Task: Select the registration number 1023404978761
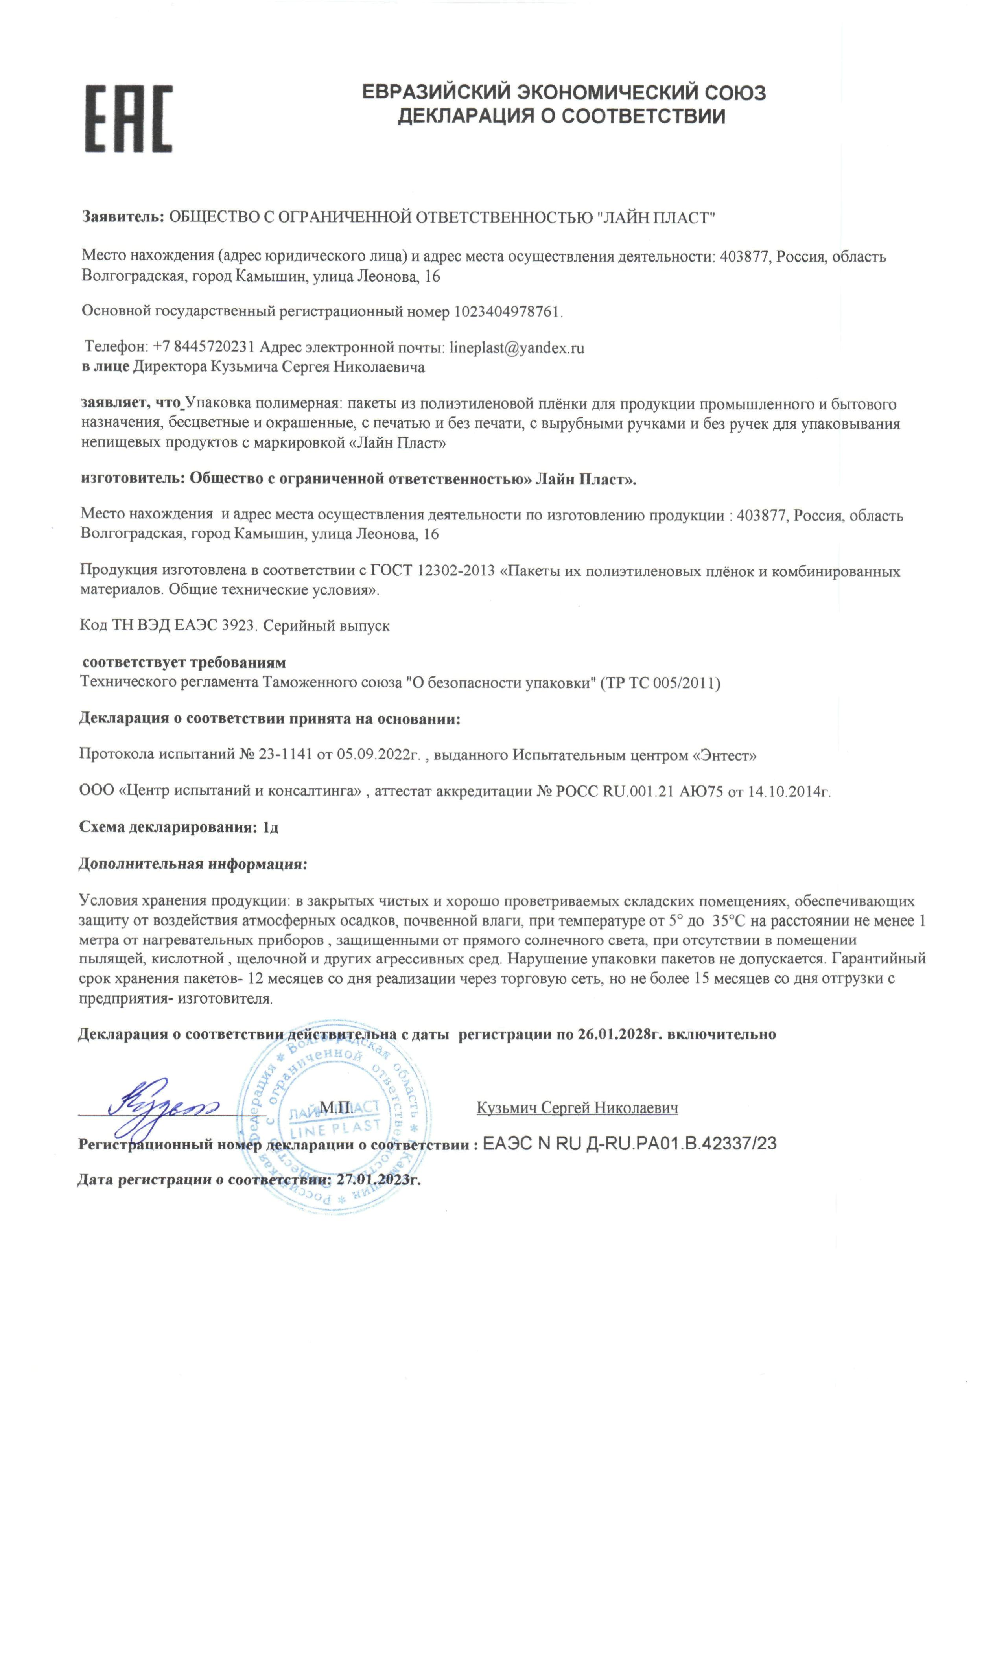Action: [507, 311]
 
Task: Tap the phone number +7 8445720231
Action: [204, 347]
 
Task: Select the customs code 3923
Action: [238, 625]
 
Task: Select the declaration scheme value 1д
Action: [271, 827]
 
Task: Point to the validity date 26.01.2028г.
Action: [620, 1034]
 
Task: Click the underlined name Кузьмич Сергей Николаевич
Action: [577, 1108]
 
